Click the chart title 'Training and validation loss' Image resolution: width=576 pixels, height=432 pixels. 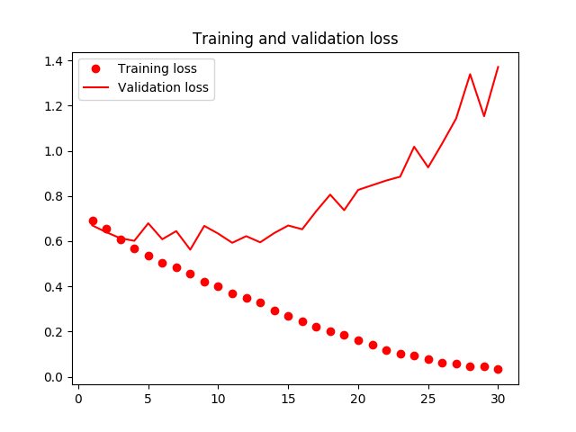[295, 39]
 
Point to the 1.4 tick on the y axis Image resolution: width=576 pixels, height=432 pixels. [54, 61]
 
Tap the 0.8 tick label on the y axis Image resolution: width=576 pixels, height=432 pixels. [54, 196]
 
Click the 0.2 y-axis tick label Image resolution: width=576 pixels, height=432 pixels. [54, 332]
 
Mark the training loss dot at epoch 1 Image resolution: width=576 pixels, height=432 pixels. [93, 220]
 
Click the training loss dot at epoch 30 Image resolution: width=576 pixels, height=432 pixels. [498, 369]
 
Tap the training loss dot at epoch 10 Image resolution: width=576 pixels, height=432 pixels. [218, 286]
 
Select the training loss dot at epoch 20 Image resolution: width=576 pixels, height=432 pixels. [358, 340]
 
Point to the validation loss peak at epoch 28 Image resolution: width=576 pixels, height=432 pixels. [470, 74]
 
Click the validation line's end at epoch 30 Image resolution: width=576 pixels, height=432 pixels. [498, 67]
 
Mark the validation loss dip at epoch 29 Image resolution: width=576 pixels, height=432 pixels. [484, 116]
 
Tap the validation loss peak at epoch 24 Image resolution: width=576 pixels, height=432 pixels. [414, 147]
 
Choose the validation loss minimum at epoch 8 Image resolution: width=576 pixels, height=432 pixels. [190, 249]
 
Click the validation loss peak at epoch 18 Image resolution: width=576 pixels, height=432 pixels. [330, 194]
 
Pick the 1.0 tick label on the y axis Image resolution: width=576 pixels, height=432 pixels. [54, 151]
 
